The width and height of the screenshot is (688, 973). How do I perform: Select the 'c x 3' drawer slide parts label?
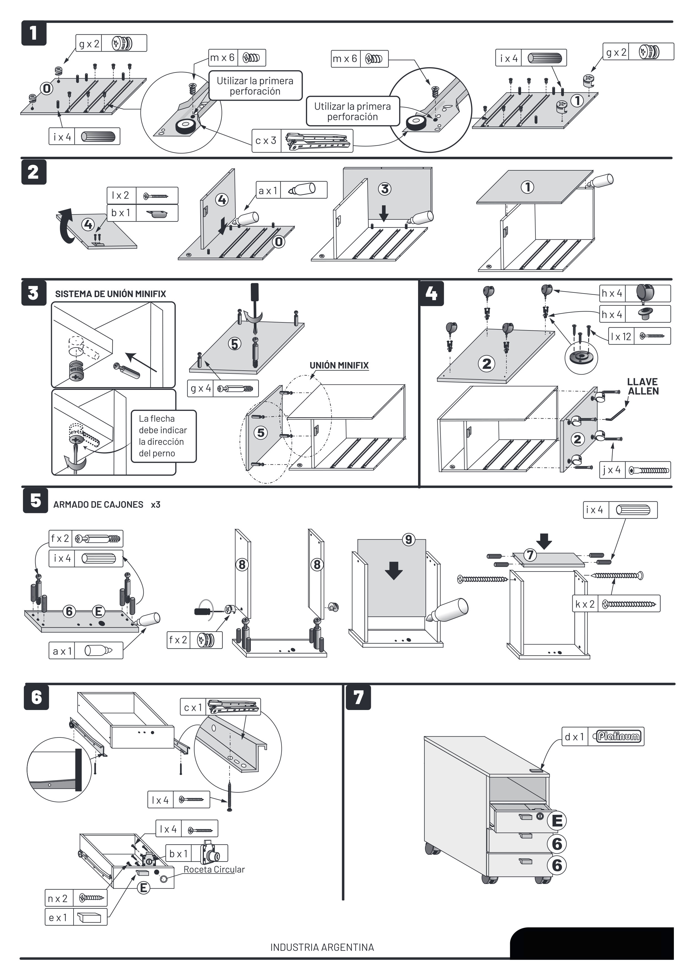coord(302,140)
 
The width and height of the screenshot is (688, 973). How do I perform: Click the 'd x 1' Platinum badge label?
coord(603,737)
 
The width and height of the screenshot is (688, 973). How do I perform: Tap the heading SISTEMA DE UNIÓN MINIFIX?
coord(111,294)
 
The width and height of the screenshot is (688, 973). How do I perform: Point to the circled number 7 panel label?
coord(530,555)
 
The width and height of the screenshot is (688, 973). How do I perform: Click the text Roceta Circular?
coord(214,869)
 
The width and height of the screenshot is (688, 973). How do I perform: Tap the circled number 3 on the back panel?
coord(385,189)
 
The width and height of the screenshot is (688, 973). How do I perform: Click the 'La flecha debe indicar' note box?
coord(163,436)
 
